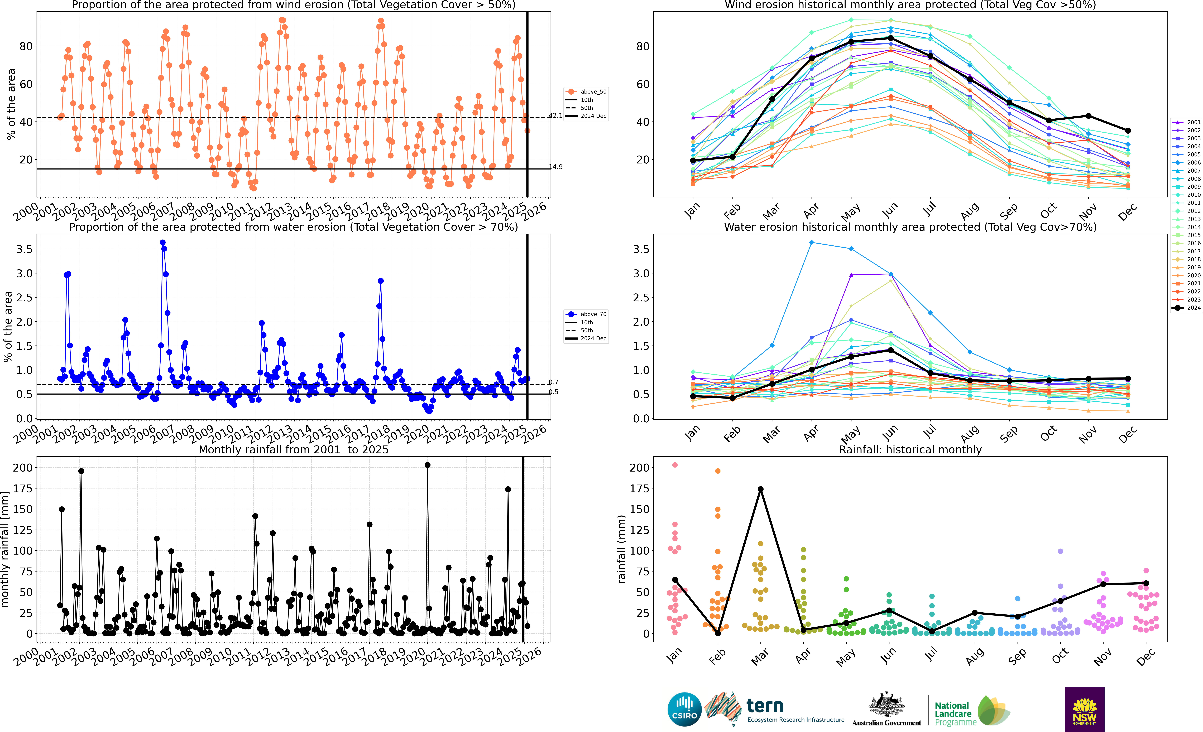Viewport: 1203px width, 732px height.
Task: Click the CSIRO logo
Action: pyautogui.click(x=684, y=709)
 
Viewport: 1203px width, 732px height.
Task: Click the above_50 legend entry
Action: pyautogui.click(x=586, y=92)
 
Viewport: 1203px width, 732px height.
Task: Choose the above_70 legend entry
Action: pyautogui.click(x=586, y=314)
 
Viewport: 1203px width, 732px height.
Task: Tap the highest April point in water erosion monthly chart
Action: pyautogui.click(x=811, y=243)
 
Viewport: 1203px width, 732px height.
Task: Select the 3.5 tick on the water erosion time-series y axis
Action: pyautogui.click(x=24, y=249)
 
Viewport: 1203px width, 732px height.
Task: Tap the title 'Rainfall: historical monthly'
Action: pyautogui.click(x=910, y=449)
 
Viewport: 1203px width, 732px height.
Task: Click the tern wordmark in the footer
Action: pyautogui.click(x=765, y=706)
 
